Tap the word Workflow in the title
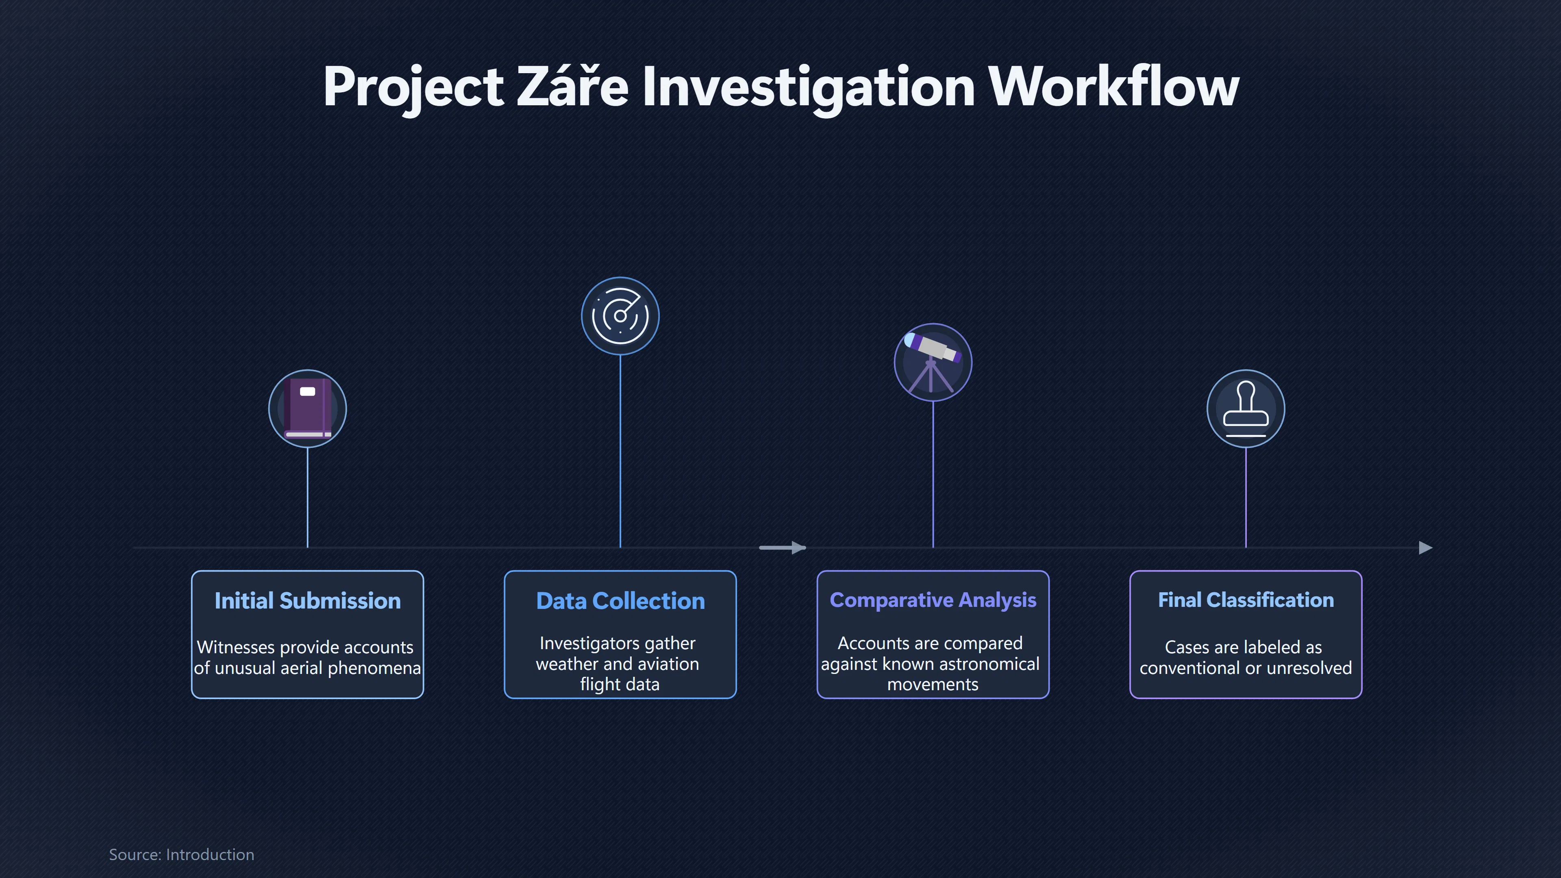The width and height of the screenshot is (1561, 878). pos(1114,87)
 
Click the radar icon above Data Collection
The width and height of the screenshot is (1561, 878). pos(620,316)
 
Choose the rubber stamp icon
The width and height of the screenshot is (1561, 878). pos(1246,409)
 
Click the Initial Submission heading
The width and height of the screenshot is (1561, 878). pos(307,600)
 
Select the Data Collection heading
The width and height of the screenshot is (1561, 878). pos(620,600)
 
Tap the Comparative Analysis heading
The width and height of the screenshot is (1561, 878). pos(933,600)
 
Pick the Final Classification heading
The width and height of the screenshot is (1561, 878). pos(1246,600)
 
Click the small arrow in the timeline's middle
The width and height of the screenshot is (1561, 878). pos(782,548)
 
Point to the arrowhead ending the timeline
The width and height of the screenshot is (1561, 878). pos(1426,548)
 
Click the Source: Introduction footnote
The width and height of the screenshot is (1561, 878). pos(182,854)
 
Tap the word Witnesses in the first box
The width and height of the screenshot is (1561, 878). pos(236,647)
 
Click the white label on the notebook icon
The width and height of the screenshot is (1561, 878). pos(307,391)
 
